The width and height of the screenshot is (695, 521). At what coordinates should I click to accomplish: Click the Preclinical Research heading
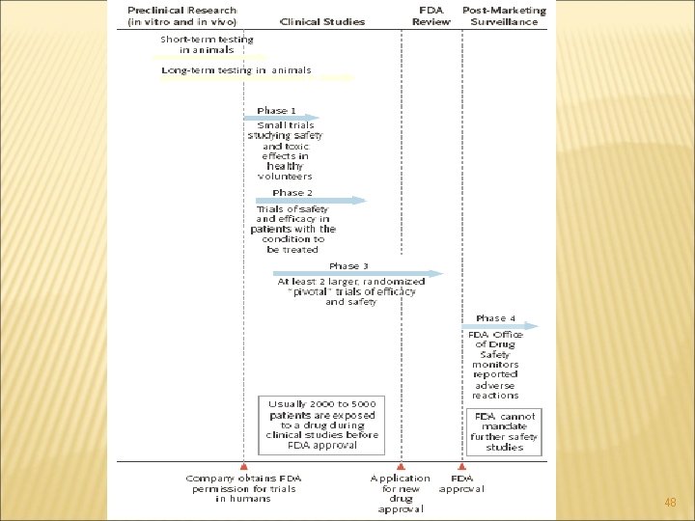[x=181, y=16]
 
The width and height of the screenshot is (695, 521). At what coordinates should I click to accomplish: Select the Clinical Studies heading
[x=322, y=21]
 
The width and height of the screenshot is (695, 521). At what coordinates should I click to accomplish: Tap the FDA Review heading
[x=431, y=16]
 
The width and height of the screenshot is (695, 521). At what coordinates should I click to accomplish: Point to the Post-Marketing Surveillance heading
[x=504, y=16]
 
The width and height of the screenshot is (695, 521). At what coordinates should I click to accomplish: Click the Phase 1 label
[x=277, y=111]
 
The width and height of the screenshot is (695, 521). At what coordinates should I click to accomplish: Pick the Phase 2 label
[x=292, y=193]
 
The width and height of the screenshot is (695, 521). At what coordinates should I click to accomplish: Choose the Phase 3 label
[x=348, y=266]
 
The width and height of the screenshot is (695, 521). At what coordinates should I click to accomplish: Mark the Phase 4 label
[x=496, y=318]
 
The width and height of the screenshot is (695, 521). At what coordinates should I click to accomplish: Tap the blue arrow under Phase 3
[x=357, y=274]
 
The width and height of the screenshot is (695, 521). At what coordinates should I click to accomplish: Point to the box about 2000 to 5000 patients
[x=322, y=425]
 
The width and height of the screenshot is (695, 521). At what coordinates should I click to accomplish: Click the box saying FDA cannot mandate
[x=504, y=431]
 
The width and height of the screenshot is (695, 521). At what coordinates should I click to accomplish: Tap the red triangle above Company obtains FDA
[x=242, y=466]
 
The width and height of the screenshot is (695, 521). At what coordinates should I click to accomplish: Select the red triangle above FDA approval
[x=462, y=466]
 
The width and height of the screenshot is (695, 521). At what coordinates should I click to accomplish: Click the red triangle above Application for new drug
[x=401, y=466]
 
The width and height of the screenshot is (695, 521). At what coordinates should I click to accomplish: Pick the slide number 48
[x=671, y=503]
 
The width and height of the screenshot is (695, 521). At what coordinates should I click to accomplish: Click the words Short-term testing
[x=207, y=40]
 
